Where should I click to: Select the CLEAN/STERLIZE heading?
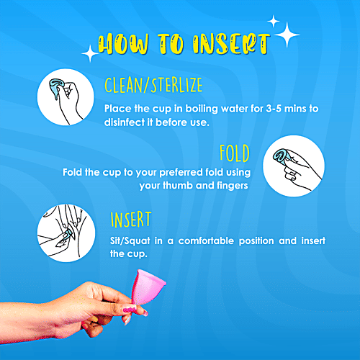coord(153,87)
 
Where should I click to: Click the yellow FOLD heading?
coord(235,153)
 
